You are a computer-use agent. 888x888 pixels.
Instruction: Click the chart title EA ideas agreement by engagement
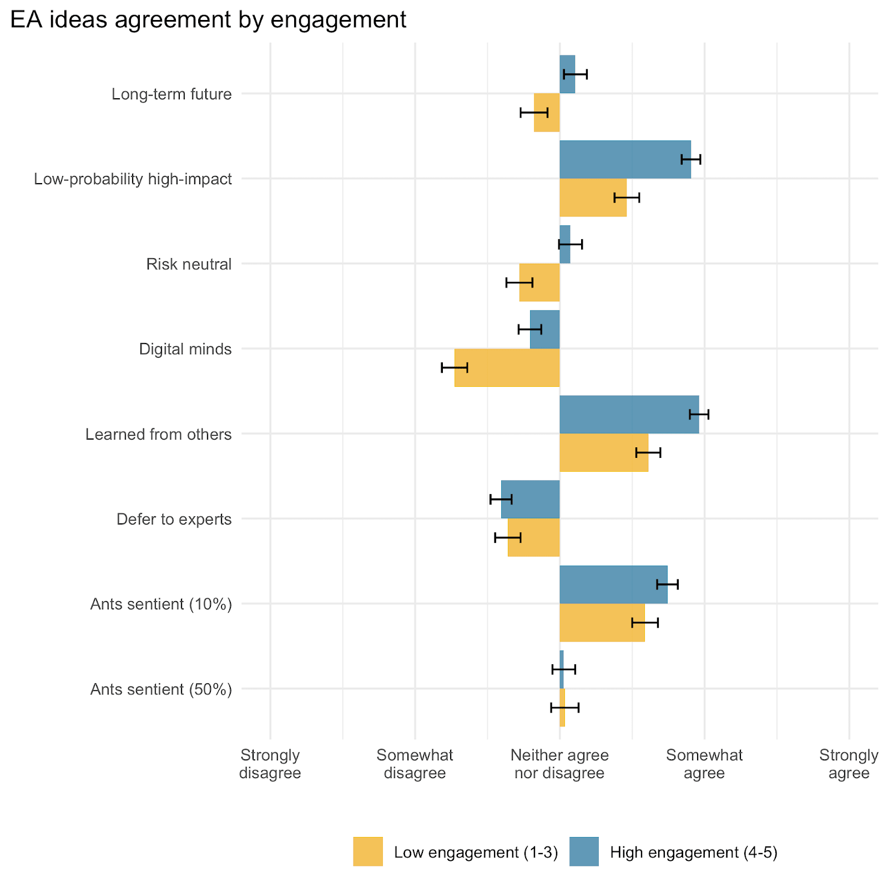tap(208, 20)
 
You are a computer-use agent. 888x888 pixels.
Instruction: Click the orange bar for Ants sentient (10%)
tap(602, 623)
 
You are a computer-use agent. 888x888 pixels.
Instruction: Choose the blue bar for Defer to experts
tap(530, 500)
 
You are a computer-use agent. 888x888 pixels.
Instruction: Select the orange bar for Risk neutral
tap(539, 282)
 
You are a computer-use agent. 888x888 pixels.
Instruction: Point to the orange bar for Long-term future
tap(547, 113)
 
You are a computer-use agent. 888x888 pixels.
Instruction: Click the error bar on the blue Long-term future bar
tap(575, 74)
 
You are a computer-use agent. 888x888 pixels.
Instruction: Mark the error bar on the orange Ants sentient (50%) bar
tap(564, 708)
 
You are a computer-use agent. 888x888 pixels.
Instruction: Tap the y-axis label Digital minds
tap(185, 349)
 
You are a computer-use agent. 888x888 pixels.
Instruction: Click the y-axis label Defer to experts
tap(174, 519)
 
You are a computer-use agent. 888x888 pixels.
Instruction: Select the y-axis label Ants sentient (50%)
tap(161, 689)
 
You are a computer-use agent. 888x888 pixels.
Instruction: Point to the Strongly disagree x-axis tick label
tap(270, 764)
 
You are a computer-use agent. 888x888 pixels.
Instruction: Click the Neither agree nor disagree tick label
tap(559, 764)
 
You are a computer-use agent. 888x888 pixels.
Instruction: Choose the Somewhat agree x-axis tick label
tap(704, 764)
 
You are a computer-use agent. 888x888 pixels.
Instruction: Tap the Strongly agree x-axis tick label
tap(849, 764)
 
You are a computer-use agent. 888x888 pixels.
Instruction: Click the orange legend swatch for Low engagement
tap(368, 851)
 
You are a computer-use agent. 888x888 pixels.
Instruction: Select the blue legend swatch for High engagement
tap(584, 851)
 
